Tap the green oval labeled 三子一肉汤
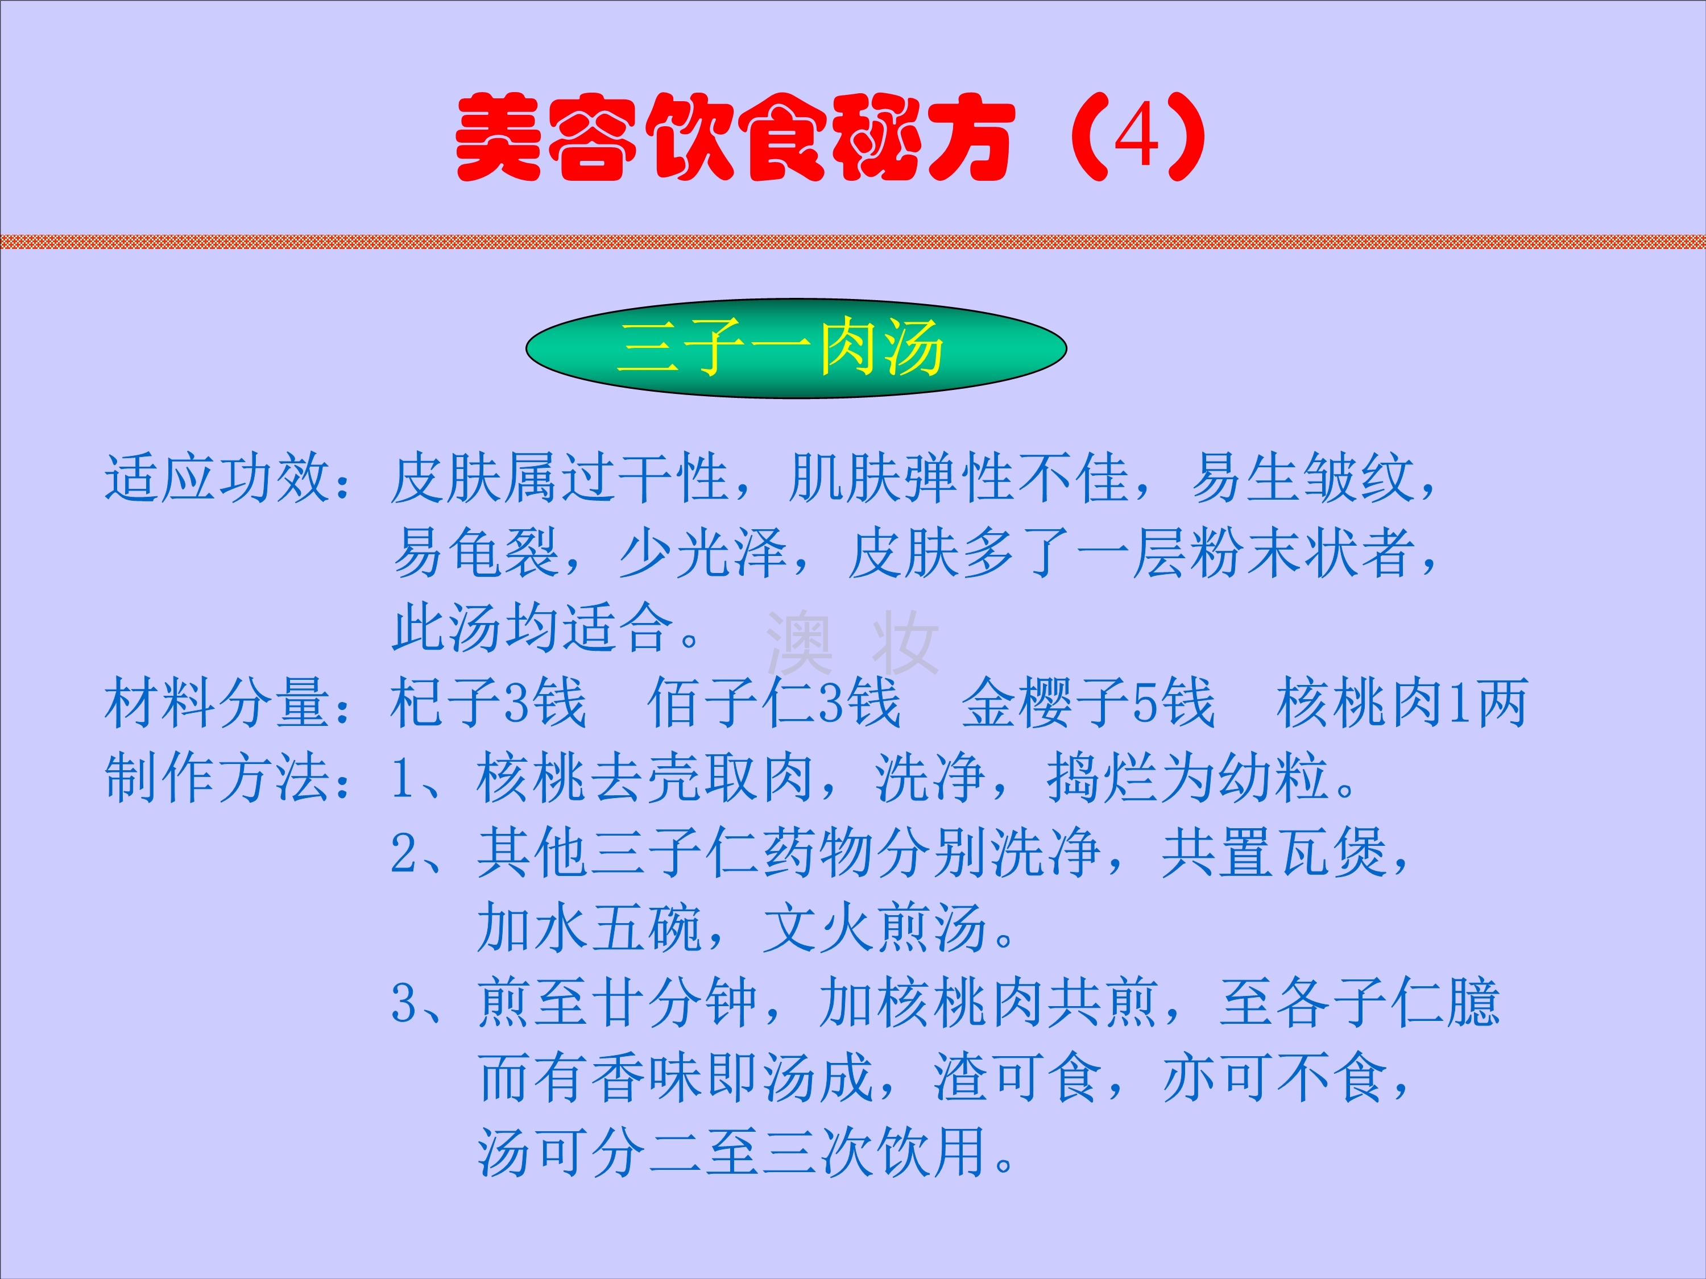tap(796, 348)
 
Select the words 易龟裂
tap(476, 553)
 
